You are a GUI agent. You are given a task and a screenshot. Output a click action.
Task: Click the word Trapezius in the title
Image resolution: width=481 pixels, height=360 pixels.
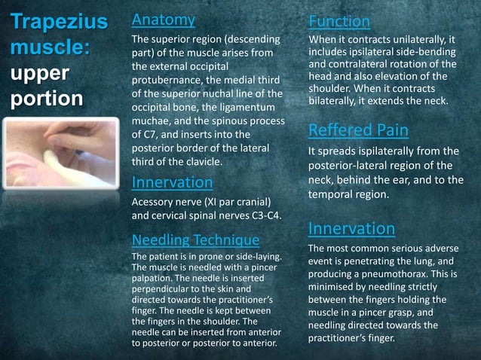tap(51, 22)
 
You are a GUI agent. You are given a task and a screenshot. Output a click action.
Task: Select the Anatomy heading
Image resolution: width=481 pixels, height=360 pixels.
tap(163, 20)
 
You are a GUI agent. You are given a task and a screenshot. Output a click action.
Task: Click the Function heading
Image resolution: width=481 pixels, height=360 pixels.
tap(339, 22)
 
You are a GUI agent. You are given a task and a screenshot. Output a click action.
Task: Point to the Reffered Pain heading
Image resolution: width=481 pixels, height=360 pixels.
tap(359, 130)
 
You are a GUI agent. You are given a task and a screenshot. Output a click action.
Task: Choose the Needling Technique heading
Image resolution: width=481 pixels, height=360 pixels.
tap(195, 240)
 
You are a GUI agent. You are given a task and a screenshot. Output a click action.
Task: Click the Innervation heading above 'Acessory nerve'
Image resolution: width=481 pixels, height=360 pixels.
tap(172, 182)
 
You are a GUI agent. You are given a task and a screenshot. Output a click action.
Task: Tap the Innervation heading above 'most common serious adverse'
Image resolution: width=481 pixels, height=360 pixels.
tap(351, 228)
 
